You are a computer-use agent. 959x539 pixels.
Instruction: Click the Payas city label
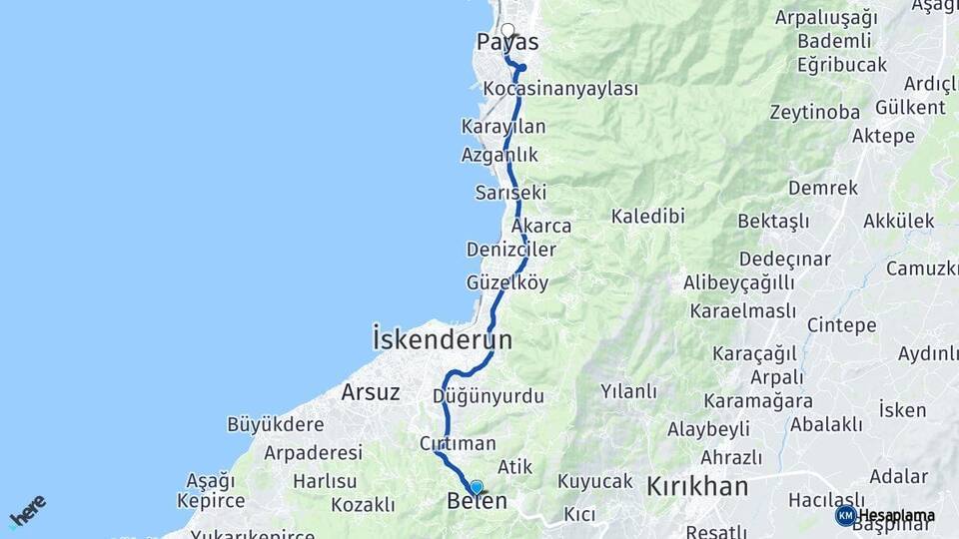click(x=506, y=43)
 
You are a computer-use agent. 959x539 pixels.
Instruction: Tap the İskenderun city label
click(x=442, y=339)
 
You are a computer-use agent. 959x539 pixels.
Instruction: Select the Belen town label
click(x=477, y=501)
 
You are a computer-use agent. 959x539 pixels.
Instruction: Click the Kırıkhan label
click(x=697, y=487)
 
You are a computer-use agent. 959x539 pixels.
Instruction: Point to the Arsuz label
click(x=371, y=392)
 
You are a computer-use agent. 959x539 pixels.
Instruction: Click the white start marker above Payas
click(x=507, y=31)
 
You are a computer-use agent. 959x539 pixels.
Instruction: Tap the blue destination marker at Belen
click(x=477, y=487)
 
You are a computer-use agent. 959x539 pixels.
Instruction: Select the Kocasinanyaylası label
click(x=559, y=90)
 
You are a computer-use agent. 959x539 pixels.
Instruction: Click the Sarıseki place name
click(x=510, y=193)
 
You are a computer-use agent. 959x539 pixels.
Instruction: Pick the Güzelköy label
click(x=506, y=283)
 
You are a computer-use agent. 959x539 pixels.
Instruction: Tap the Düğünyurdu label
click(x=487, y=397)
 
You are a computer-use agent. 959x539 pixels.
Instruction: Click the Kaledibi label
click(x=647, y=217)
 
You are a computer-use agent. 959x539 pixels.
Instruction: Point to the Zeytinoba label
click(x=814, y=113)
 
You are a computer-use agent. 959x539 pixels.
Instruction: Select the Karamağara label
click(x=757, y=401)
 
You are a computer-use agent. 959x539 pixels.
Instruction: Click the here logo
click(x=28, y=510)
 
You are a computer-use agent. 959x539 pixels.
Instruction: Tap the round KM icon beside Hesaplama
click(x=845, y=516)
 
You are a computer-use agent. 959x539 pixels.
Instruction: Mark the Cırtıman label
click(x=458, y=444)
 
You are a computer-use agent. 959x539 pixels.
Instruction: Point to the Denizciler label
click(x=510, y=250)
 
